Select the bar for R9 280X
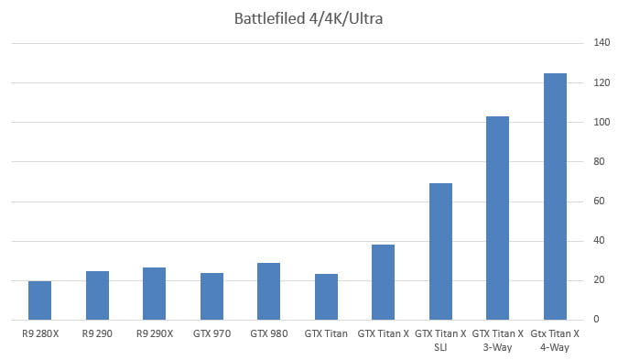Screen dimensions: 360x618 pyautogui.click(x=40, y=300)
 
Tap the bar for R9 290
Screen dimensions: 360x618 pyautogui.click(x=97, y=295)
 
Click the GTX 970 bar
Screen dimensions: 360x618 pyautogui.click(x=211, y=296)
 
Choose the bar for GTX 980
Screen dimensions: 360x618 pyautogui.click(x=269, y=291)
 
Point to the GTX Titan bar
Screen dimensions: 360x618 pyautogui.click(x=326, y=297)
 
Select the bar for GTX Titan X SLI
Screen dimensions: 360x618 pyautogui.click(x=440, y=251)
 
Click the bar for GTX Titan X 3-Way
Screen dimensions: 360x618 pyautogui.click(x=497, y=218)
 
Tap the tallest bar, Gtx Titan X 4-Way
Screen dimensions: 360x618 pyautogui.click(x=555, y=196)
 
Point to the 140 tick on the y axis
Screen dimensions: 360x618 pyautogui.click(x=602, y=43)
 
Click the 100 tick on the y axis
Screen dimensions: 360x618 pyautogui.click(x=602, y=122)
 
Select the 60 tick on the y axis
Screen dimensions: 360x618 pyautogui.click(x=602, y=202)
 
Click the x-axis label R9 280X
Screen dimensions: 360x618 pyautogui.click(x=40, y=334)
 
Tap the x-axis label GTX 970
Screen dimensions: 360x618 pyautogui.click(x=211, y=334)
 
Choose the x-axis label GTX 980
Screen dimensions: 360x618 pyautogui.click(x=269, y=334)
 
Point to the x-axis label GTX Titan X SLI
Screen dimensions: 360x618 pyautogui.click(x=440, y=341)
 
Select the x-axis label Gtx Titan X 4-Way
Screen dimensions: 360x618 pyautogui.click(x=555, y=341)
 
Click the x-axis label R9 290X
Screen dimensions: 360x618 pyautogui.click(x=155, y=334)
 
